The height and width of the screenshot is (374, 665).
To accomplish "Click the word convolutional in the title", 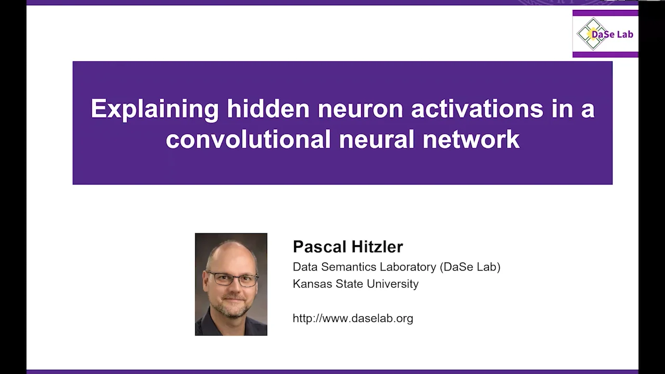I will tap(248, 139).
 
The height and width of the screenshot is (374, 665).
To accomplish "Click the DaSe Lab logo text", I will tap(612, 34).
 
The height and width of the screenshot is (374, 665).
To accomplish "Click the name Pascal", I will tap(317, 246).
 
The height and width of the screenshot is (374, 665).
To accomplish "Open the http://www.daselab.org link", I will tap(353, 318).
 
